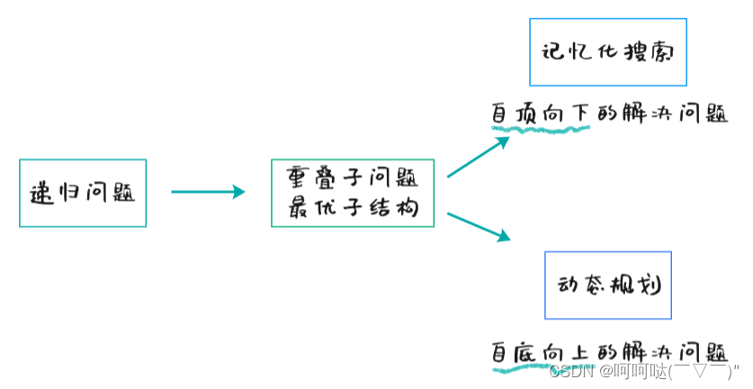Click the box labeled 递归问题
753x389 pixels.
[x=82, y=193]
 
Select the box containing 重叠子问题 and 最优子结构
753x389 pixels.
[x=353, y=193]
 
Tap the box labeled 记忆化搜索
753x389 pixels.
[x=608, y=51]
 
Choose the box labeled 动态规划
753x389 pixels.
[x=608, y=285]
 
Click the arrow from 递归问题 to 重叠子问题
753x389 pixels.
[x=208, y=191]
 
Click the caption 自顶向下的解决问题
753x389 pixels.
[x=608, y=114]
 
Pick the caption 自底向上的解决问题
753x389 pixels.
[x=608, y=349]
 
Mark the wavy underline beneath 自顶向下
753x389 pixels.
[x=540, y=129]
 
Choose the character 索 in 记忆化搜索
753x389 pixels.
[x=664, y=51]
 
